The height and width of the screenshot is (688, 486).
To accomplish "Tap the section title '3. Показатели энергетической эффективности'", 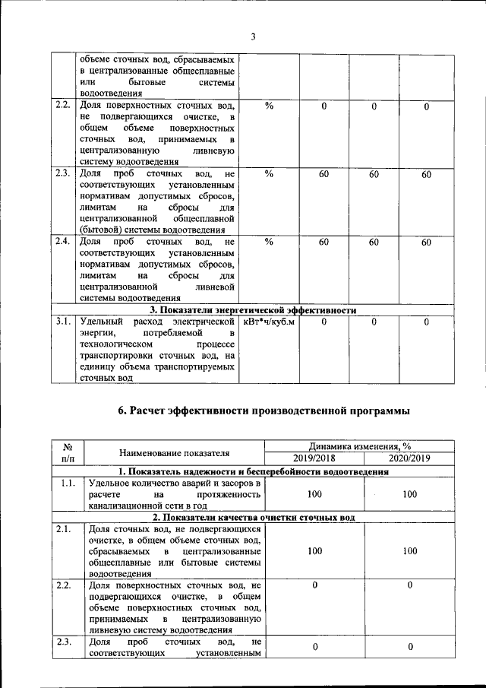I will tap(252, 310).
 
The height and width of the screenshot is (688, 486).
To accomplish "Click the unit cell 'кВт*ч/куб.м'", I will tap(268, 322).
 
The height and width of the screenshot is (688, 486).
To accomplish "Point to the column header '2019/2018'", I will tap(314, 458).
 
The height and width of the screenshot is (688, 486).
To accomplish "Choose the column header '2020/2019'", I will tap(409, 458).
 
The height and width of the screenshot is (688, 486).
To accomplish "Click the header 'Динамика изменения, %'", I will tap(361, 447).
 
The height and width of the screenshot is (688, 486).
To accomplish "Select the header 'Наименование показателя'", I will tap(174, 453).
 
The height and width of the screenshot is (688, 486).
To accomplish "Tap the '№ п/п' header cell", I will tap(68, 453).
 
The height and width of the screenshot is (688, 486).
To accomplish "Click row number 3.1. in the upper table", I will tap(63, 322).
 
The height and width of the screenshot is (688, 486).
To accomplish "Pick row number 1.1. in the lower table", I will tap(68, 483).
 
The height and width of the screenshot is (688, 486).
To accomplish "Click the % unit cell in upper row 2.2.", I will tap(268, 106).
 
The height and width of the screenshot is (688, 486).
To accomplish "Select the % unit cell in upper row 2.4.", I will tap(268, 242).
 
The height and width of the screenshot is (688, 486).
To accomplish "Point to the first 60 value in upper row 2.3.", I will tap(323, 175).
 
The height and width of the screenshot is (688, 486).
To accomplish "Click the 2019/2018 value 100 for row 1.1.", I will tap(314, 494).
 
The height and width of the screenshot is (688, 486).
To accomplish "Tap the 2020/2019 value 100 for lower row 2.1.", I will tap(409, 550).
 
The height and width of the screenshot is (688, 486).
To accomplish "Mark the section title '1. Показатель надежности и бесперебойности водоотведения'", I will tap(252, 471).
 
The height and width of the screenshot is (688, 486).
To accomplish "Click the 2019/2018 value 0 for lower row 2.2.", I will tap(314, 585).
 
